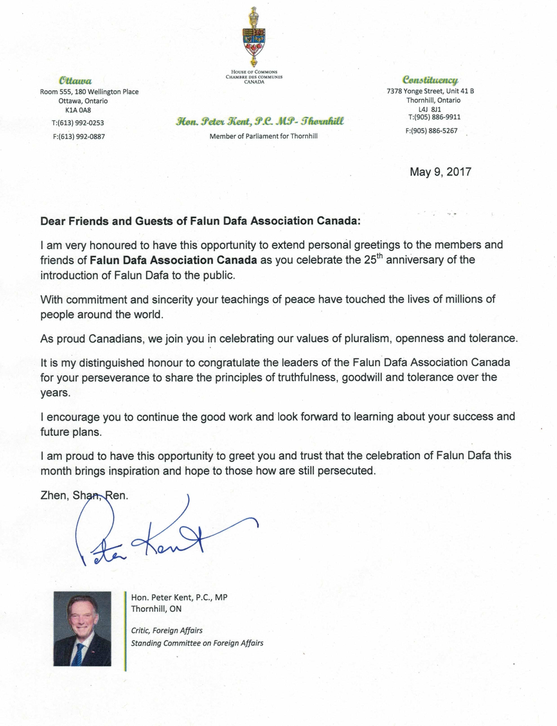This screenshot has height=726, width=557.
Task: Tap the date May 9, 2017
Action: click(x=440, y=172)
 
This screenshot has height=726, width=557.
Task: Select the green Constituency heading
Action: click(x=430, y=80)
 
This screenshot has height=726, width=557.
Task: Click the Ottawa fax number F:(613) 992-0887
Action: click(x=79, y=136)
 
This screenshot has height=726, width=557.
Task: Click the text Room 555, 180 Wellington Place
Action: click(x=89, y=92)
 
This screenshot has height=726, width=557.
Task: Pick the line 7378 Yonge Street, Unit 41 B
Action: click(x=430, y=91)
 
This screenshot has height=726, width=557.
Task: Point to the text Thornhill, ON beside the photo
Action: click(x=156, y=609)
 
